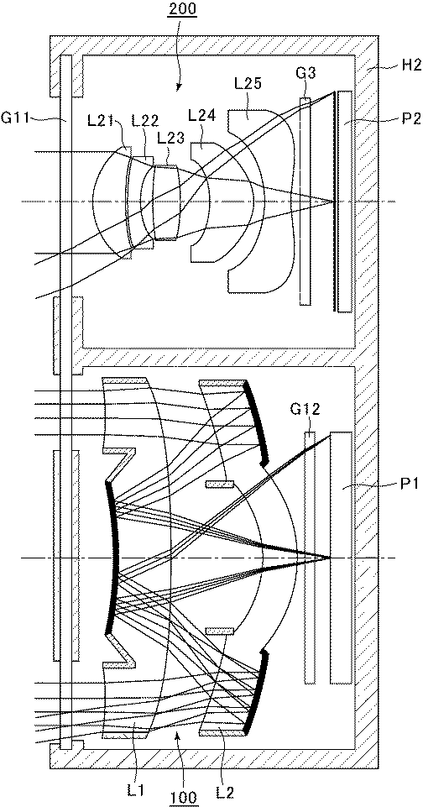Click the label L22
[142, 120]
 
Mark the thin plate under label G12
[310, 558]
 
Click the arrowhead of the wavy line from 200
[178, 88]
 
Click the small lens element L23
[165, 202]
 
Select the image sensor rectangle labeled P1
[341, 558]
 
